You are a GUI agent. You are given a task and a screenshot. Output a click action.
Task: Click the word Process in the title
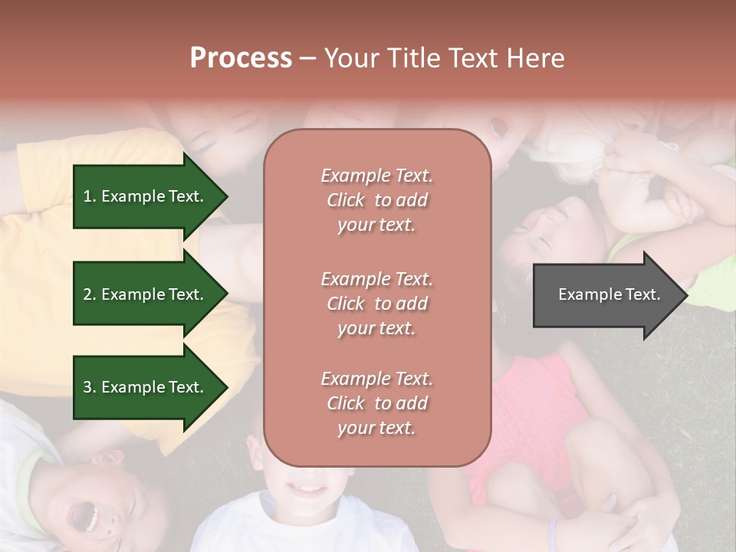point(241,58)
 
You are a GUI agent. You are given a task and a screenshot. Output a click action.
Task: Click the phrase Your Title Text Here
point(444,58)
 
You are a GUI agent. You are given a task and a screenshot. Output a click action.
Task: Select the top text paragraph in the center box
point(376,200)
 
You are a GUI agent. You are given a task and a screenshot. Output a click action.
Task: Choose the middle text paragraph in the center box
point(376,304)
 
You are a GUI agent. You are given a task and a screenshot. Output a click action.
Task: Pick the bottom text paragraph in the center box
point(376,403)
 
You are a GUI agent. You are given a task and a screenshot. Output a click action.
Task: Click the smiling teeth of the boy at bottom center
point(310,488)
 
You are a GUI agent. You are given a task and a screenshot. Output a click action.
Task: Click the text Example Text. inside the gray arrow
point(609,294)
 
